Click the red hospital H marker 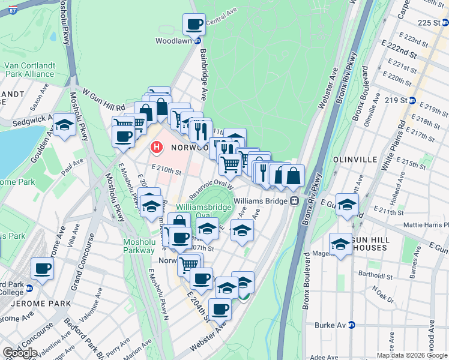[x=157, y=146]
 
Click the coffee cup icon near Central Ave [x=194, y=25]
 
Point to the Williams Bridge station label [x=261, y=201]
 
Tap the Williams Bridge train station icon [x=294, y=201]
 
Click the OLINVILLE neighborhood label [x=351, y=160]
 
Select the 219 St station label [x=396, y=100]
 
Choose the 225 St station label [x=430, y=22]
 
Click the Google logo [x=20, y=352]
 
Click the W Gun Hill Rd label [x=104, y=100]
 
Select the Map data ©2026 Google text [x=412, y=355]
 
